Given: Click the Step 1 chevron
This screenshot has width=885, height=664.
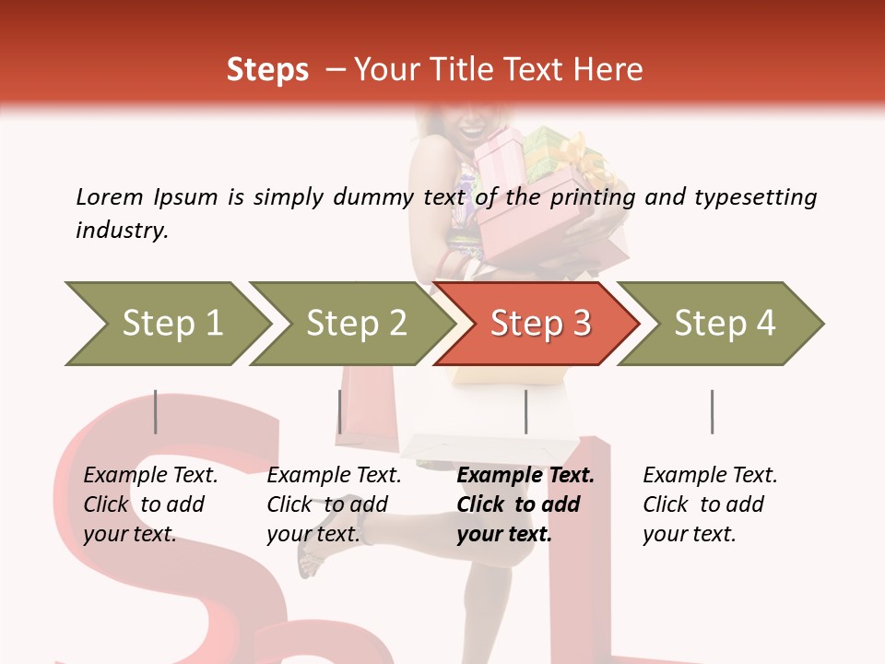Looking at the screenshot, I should (x=166, y=324).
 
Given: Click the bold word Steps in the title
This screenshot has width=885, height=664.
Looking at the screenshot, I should (x=267, y=70).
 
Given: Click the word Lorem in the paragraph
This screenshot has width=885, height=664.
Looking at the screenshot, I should (x=110, y=197).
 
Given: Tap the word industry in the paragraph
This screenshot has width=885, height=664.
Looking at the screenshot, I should (x=121, y=230).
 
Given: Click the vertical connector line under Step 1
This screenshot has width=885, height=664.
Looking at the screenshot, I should (x=156, y=411).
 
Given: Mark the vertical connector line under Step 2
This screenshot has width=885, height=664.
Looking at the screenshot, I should (x=340, y=411).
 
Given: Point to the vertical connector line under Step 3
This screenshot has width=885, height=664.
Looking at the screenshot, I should (x=525, y=411).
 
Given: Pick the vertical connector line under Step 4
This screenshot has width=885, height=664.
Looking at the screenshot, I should (x=712, y=411).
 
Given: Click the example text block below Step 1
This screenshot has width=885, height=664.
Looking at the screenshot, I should (x=150, y=504).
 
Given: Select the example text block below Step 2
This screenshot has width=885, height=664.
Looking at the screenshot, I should (x=334, y=504).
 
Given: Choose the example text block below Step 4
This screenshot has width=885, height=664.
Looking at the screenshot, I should (x=710, y=504).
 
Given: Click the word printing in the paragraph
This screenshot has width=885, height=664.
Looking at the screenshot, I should (x=593, y=198).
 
